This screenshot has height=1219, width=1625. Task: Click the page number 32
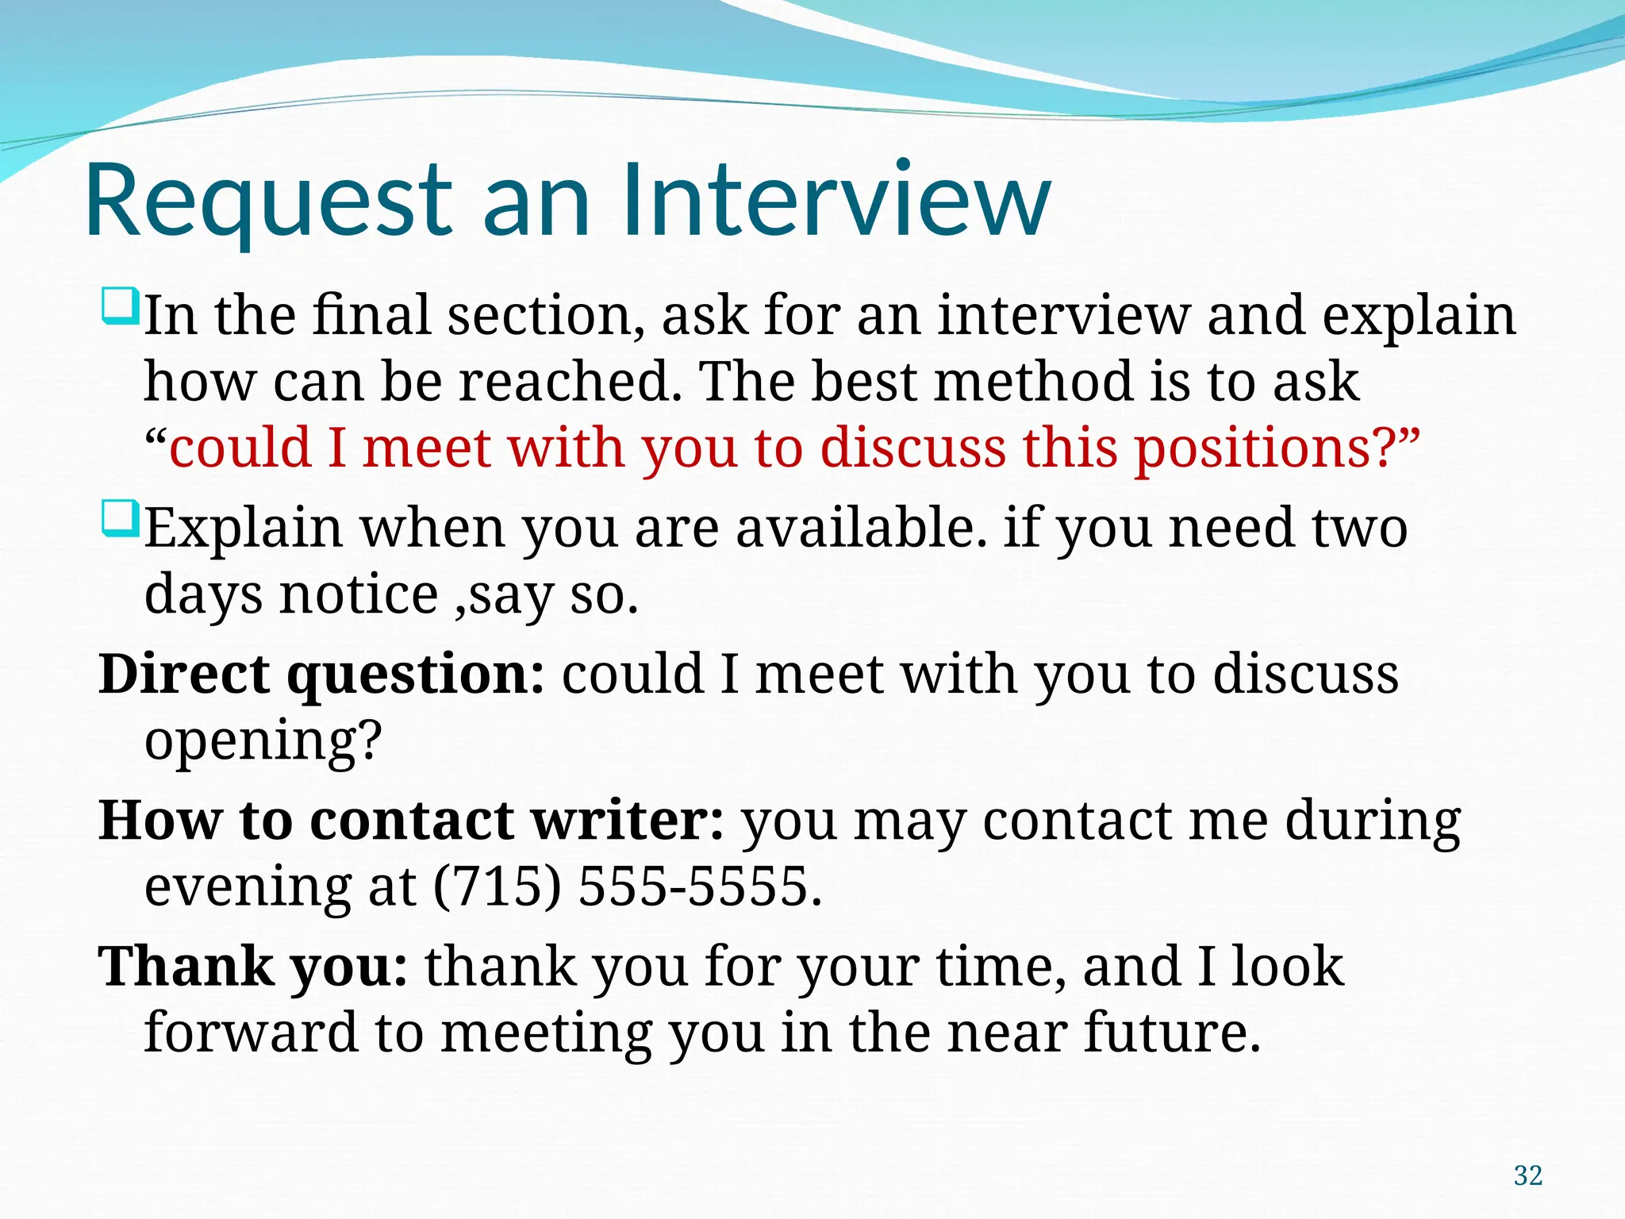[x=1527, y=1175]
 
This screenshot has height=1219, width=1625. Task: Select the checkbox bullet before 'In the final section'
[x=121, y=307]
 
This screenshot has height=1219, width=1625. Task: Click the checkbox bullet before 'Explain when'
[x=121, y=519]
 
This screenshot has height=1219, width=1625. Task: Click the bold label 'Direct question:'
[x=322, y=675]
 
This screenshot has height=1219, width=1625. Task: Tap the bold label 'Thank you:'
[x=253, y=967]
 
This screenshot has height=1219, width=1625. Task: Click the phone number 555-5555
[x=699, y=886]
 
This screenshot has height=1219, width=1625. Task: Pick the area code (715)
[x=497, y=886]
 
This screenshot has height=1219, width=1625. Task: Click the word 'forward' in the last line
[x=251, y=1032]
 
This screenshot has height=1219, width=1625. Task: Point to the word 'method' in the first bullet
[x=1035, y=382]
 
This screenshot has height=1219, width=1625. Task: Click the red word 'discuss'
[x=912, y=448]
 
